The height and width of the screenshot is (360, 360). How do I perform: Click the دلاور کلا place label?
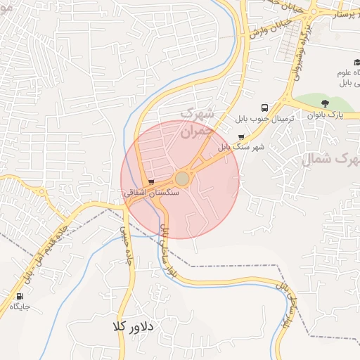(x=138, y=327)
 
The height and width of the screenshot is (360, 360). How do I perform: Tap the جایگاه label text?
(x=25, y=307)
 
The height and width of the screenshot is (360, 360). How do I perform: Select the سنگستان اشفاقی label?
(x=151, y=192)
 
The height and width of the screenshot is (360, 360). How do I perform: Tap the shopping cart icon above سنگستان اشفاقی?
(x=151, y=183)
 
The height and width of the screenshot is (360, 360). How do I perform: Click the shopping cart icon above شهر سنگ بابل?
(x=242, y=137)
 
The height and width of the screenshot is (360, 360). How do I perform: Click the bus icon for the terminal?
(x=264, y=108)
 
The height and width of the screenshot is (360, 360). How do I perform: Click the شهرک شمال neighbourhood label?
(x=330, y=160)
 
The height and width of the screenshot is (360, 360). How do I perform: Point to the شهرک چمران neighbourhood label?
(x=196, y=122)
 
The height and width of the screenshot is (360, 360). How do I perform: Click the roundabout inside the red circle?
(x=182, y=178)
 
